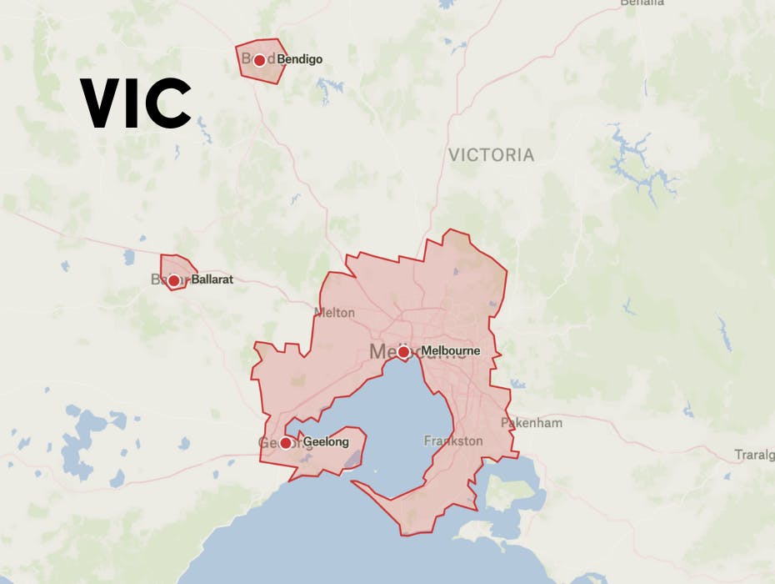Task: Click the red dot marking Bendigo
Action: [259, 60]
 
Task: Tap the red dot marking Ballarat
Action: [173, 281]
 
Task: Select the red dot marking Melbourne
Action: [403, 353]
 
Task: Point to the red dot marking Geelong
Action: [286, 443]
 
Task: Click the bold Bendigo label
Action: [299, 60]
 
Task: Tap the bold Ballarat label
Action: [212, 280]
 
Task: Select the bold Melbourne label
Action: [450, 351]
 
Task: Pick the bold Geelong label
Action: [325, 442]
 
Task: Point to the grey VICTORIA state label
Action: [491, 155]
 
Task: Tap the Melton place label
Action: [334, 313]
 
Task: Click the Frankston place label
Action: [452, 441]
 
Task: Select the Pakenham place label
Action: [531, 423]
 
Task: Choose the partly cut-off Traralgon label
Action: [754, 456]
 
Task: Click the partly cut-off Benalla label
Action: [642, 3]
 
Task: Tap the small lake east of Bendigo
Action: [331, 87]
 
